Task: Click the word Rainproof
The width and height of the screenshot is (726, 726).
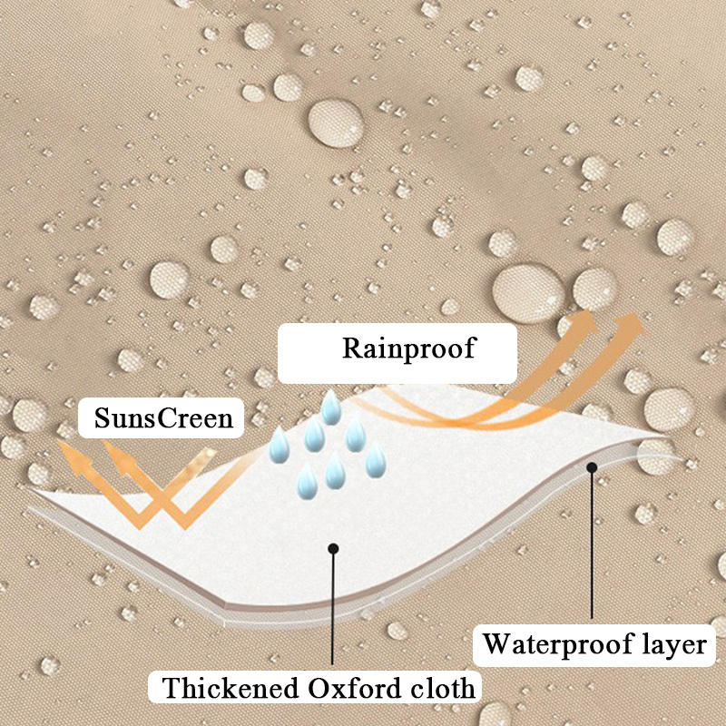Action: click(x=409, y=348)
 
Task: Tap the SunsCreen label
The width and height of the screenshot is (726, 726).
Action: click(x=164, y=418)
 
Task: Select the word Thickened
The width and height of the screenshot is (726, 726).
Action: click(x=231, y=688)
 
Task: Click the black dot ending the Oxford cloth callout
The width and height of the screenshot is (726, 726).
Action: click(x=333, y=549)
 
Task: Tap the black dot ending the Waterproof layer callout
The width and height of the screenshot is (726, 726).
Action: click(x=592, y=467)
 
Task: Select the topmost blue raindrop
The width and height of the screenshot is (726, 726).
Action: click(x=331, y=407)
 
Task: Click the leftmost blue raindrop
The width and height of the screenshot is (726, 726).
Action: click(x=280, y=446)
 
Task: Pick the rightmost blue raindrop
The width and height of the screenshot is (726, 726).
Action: click(x=376, y=459)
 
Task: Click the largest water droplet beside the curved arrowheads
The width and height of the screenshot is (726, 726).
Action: click(x=528, y=293)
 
